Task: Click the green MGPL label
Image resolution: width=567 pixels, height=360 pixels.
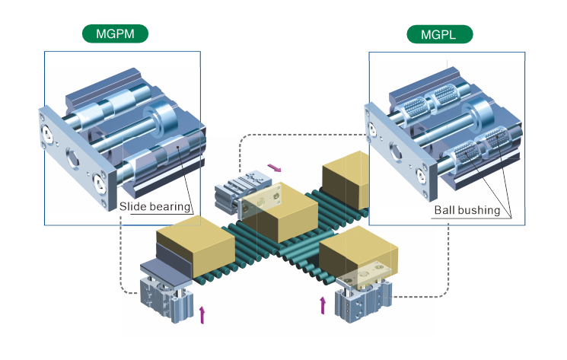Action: click(x=439, y=34)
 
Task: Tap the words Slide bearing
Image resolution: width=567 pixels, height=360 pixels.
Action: click(x=154, y=205)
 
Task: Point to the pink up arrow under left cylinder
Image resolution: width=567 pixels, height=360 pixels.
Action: click(x=202, y=314)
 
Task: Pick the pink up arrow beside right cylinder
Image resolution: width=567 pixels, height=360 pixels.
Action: click(x=323, y=305)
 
